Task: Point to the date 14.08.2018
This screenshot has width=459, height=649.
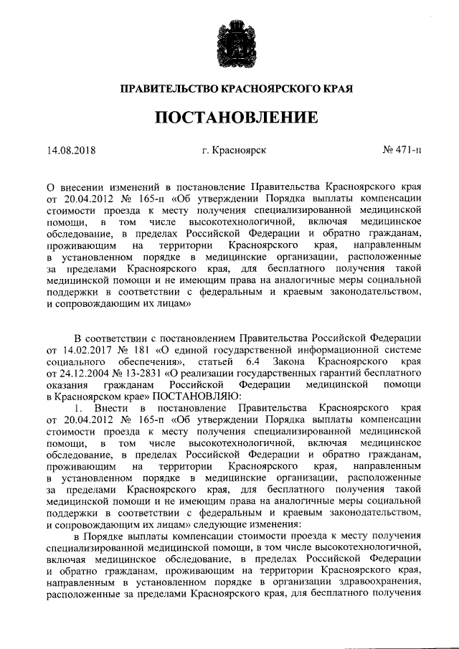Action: click(71, 151)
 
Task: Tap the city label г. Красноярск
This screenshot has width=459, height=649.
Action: click(235, 151)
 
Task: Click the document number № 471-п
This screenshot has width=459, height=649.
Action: click(402, 151)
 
